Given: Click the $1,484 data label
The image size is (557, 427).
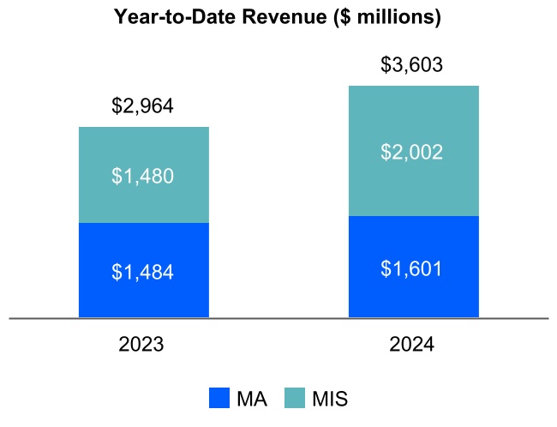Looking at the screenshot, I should [143, 272].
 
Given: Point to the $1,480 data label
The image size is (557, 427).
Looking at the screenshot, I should [143, 176].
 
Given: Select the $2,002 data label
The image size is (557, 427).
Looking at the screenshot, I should [412, 152].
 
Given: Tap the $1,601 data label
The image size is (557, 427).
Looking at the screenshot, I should [412, 268].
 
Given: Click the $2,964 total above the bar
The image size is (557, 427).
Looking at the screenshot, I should [143, 106].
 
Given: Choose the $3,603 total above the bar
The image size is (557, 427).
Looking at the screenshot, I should [412, 65].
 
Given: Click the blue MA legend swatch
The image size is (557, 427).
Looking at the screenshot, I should [219, 398].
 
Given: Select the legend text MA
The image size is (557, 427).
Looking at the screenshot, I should [252, 399].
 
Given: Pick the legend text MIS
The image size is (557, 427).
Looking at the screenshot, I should [330, 399].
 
